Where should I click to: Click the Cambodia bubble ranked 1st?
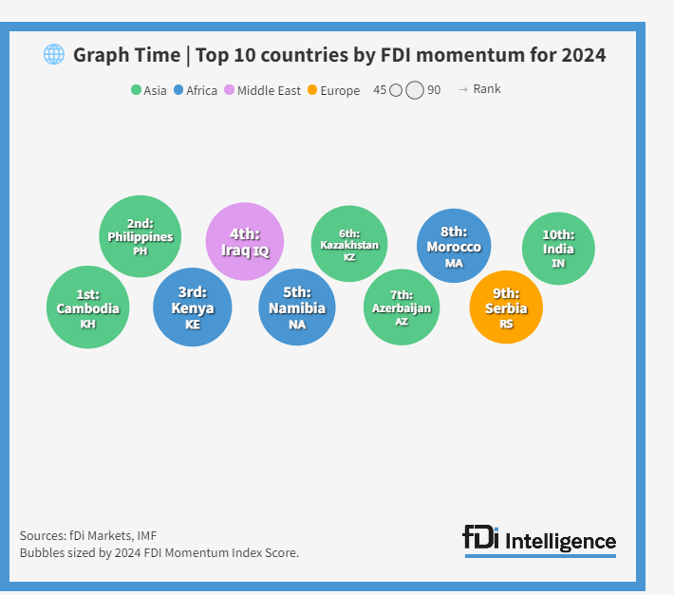[x=87, y=307]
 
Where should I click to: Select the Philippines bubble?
[x=140, y=236]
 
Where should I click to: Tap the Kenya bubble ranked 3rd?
[x=193, y=307]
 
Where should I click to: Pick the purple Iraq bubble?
[x=245, y=242]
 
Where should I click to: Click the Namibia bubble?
[x=297, y=307]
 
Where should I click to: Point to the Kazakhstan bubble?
[x=349, y=244]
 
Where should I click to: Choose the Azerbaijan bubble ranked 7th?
[x=402, y=307]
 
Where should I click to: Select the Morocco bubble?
[x=454, y=246]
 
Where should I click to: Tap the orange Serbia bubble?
[x=506, y=307]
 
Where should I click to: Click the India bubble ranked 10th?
[x=558, y=248]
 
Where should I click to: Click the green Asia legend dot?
[x=136, y=91]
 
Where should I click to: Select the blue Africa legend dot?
[x=178, y=91]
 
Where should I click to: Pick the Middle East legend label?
[x=269, y=91]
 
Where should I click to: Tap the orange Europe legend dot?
[x=313, y=91]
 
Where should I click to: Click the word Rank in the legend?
[x=487, y=89]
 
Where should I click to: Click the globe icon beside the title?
[x=54, y=54]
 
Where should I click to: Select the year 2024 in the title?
[x=583, y=55]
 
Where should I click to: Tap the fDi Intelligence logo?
[x=539, y=540]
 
